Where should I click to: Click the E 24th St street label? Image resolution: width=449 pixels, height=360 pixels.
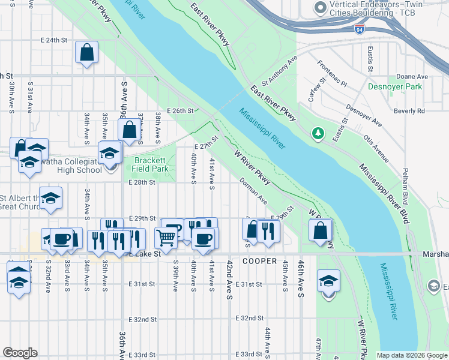tap(52, 40)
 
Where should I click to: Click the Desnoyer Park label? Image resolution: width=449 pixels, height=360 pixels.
tap(395, 86)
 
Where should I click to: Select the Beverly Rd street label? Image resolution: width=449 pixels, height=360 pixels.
tap(409, 111)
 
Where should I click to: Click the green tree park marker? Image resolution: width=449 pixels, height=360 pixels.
tap(318, 133)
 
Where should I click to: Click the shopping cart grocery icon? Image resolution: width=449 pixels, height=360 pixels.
tap(166, 236)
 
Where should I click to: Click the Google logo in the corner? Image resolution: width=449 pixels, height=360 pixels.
tap(20, 353)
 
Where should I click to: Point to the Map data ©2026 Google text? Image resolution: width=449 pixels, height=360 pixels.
tap(411, 355)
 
